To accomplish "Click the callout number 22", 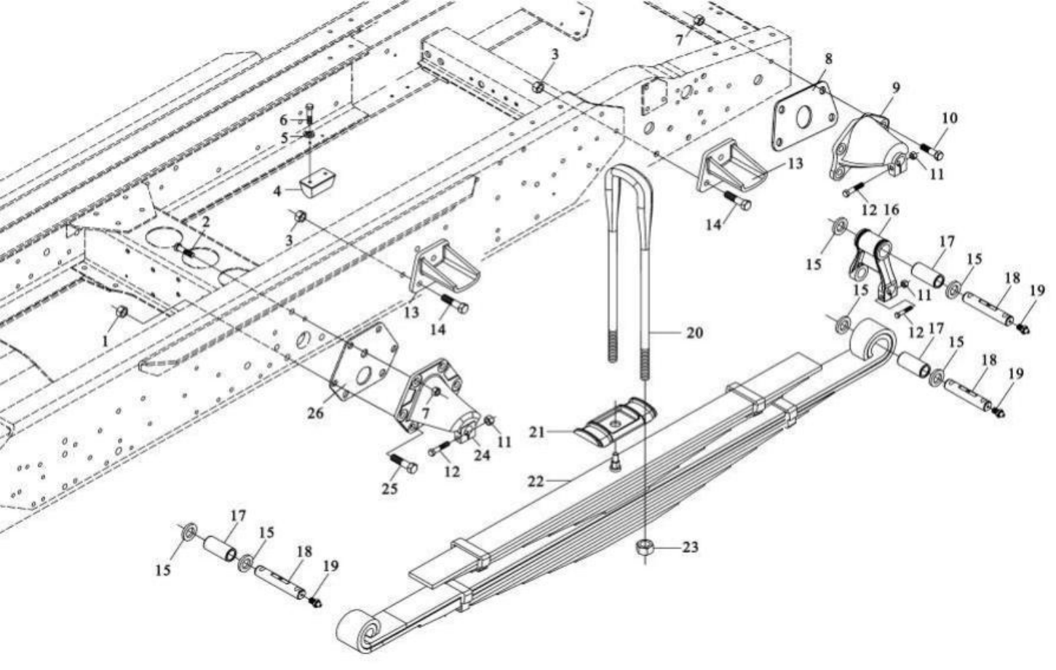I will tap(536, 481).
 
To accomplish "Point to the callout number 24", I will tap(482, 455).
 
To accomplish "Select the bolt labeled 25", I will tap(402, 463).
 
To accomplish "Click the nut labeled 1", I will tap(122, 312).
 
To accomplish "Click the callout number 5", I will tap(285, 137).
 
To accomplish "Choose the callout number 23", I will tap(689, 547).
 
